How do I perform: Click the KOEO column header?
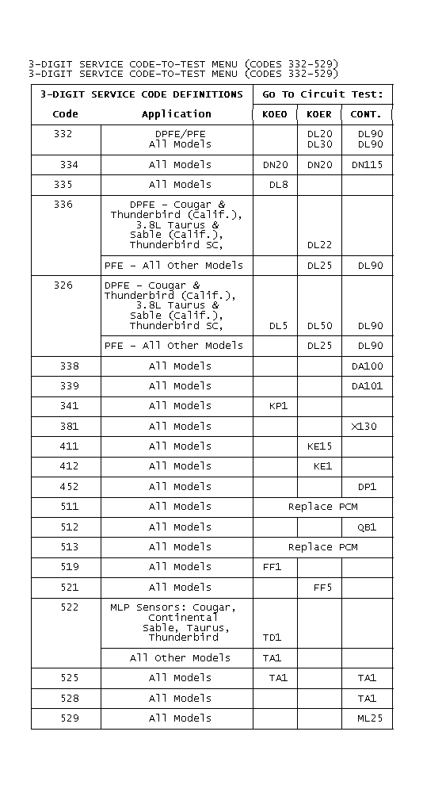pos(275,114)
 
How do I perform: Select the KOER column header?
pos(319,114)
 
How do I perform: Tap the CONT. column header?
pos(366,114)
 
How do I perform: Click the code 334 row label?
pos(68,165)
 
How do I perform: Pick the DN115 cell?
pos(367,165)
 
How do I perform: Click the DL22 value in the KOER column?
pos(319,245)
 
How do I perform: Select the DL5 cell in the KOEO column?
pos(278,326)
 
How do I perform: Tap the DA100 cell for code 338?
pos(367,366)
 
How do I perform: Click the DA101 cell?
pos(367,386)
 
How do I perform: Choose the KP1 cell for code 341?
pos(278,406)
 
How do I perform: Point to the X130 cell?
pos(364,427)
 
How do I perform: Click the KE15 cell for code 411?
pos(319,446)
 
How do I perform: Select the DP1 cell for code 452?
pos(367,487)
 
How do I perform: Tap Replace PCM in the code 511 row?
pos(322,507)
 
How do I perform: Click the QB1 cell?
pos(367,527)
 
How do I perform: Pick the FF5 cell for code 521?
pos(322,588)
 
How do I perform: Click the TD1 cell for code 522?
pos(272,638)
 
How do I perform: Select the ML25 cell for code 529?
pos(369,718)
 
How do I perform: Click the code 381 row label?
pos(68,427)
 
